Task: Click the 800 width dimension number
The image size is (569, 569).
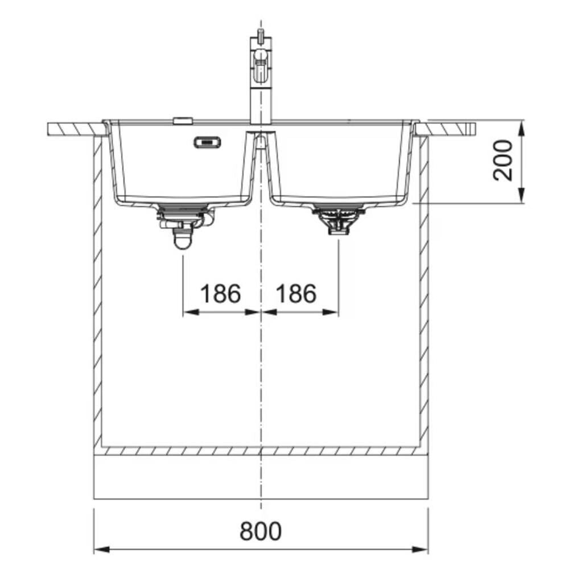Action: coord(261,531)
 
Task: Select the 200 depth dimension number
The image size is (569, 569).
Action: coord(503,160)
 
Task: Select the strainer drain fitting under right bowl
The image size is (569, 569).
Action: coord(339,219)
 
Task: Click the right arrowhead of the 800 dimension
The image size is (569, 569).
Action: coord(420,549)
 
